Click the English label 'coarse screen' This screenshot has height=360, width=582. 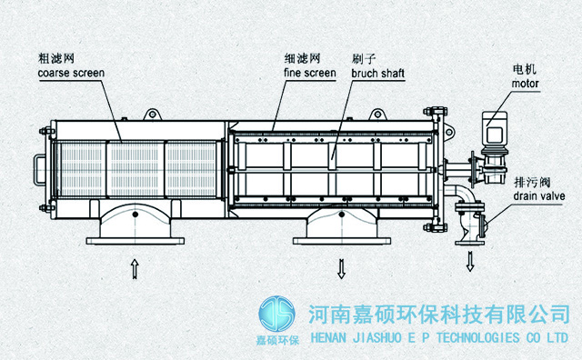point(71,73)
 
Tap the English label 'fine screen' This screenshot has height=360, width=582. point(310,73)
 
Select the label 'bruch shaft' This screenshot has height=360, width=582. point(378,73)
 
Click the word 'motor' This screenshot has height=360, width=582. point(525,84)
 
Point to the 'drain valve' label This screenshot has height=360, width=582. point(539,196)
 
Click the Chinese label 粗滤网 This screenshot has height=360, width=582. point(56,58)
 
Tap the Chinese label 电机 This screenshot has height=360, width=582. point(525,69)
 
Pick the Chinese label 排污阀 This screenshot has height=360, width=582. point(532,182)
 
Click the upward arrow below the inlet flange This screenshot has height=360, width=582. point(135,269)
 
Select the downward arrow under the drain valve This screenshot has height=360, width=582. point(470,261)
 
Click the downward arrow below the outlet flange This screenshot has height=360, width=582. point(342,269)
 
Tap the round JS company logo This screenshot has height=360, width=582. point(276,314)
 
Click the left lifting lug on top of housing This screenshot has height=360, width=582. point(153,114)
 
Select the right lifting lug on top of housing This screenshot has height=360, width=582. point(378,114)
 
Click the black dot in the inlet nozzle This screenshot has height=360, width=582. point(135,215)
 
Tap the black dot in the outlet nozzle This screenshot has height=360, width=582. point(342,215)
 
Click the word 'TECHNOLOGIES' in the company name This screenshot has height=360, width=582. point(478,338)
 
